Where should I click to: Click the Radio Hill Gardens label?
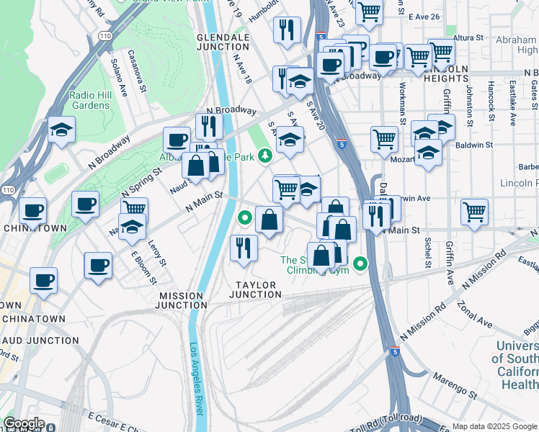tap(90, 100)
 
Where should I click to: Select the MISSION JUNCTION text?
tap(182, 301)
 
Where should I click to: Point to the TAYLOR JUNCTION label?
tap(255, 289)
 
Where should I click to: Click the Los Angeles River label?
tap(195, 379)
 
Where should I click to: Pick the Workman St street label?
tap(402, 102)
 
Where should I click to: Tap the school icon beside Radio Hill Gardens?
tap(62, 130)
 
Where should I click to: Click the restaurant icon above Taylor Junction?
tap(244, 248)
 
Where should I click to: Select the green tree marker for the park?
tap(265, 153)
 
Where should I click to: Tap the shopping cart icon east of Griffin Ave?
tap(474, 212)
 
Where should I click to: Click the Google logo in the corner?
tap(24, 423)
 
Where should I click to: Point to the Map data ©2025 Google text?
tap(494, 426)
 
